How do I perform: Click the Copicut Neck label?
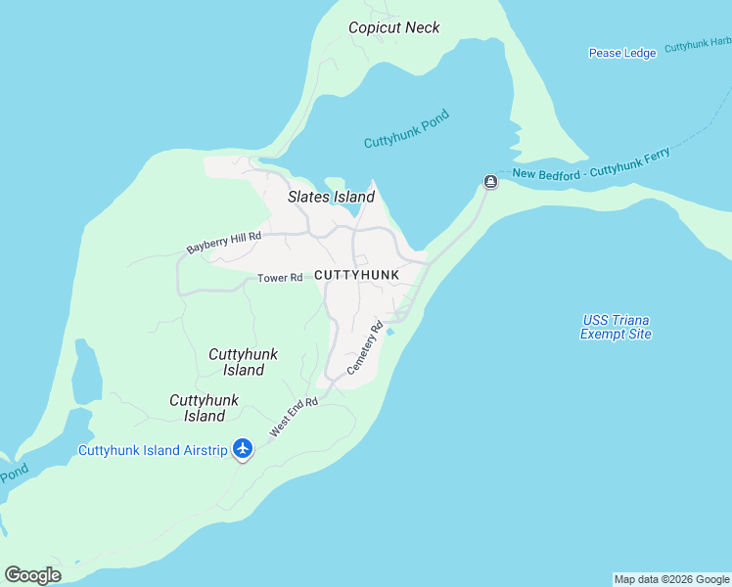(394, 27)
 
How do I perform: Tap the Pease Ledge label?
(621, 53)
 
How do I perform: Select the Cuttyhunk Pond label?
(406, 129)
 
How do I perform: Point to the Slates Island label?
(331, 197)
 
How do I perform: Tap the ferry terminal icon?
(490, 182)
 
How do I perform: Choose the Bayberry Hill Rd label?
(224, 243)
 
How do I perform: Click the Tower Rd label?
(280, 278)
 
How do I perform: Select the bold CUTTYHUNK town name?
(357, 275)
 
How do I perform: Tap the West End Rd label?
(295, 417)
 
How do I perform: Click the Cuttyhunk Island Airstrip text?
(153, 450)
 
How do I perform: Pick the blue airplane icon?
(243, 449)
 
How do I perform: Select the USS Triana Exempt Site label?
(616, 327)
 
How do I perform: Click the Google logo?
(32, 574)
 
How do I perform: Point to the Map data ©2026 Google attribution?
(671, 579)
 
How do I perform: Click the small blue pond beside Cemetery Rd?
(390, 332)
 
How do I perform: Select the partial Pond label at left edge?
(13, 474)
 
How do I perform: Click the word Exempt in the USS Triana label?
(602, 334)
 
